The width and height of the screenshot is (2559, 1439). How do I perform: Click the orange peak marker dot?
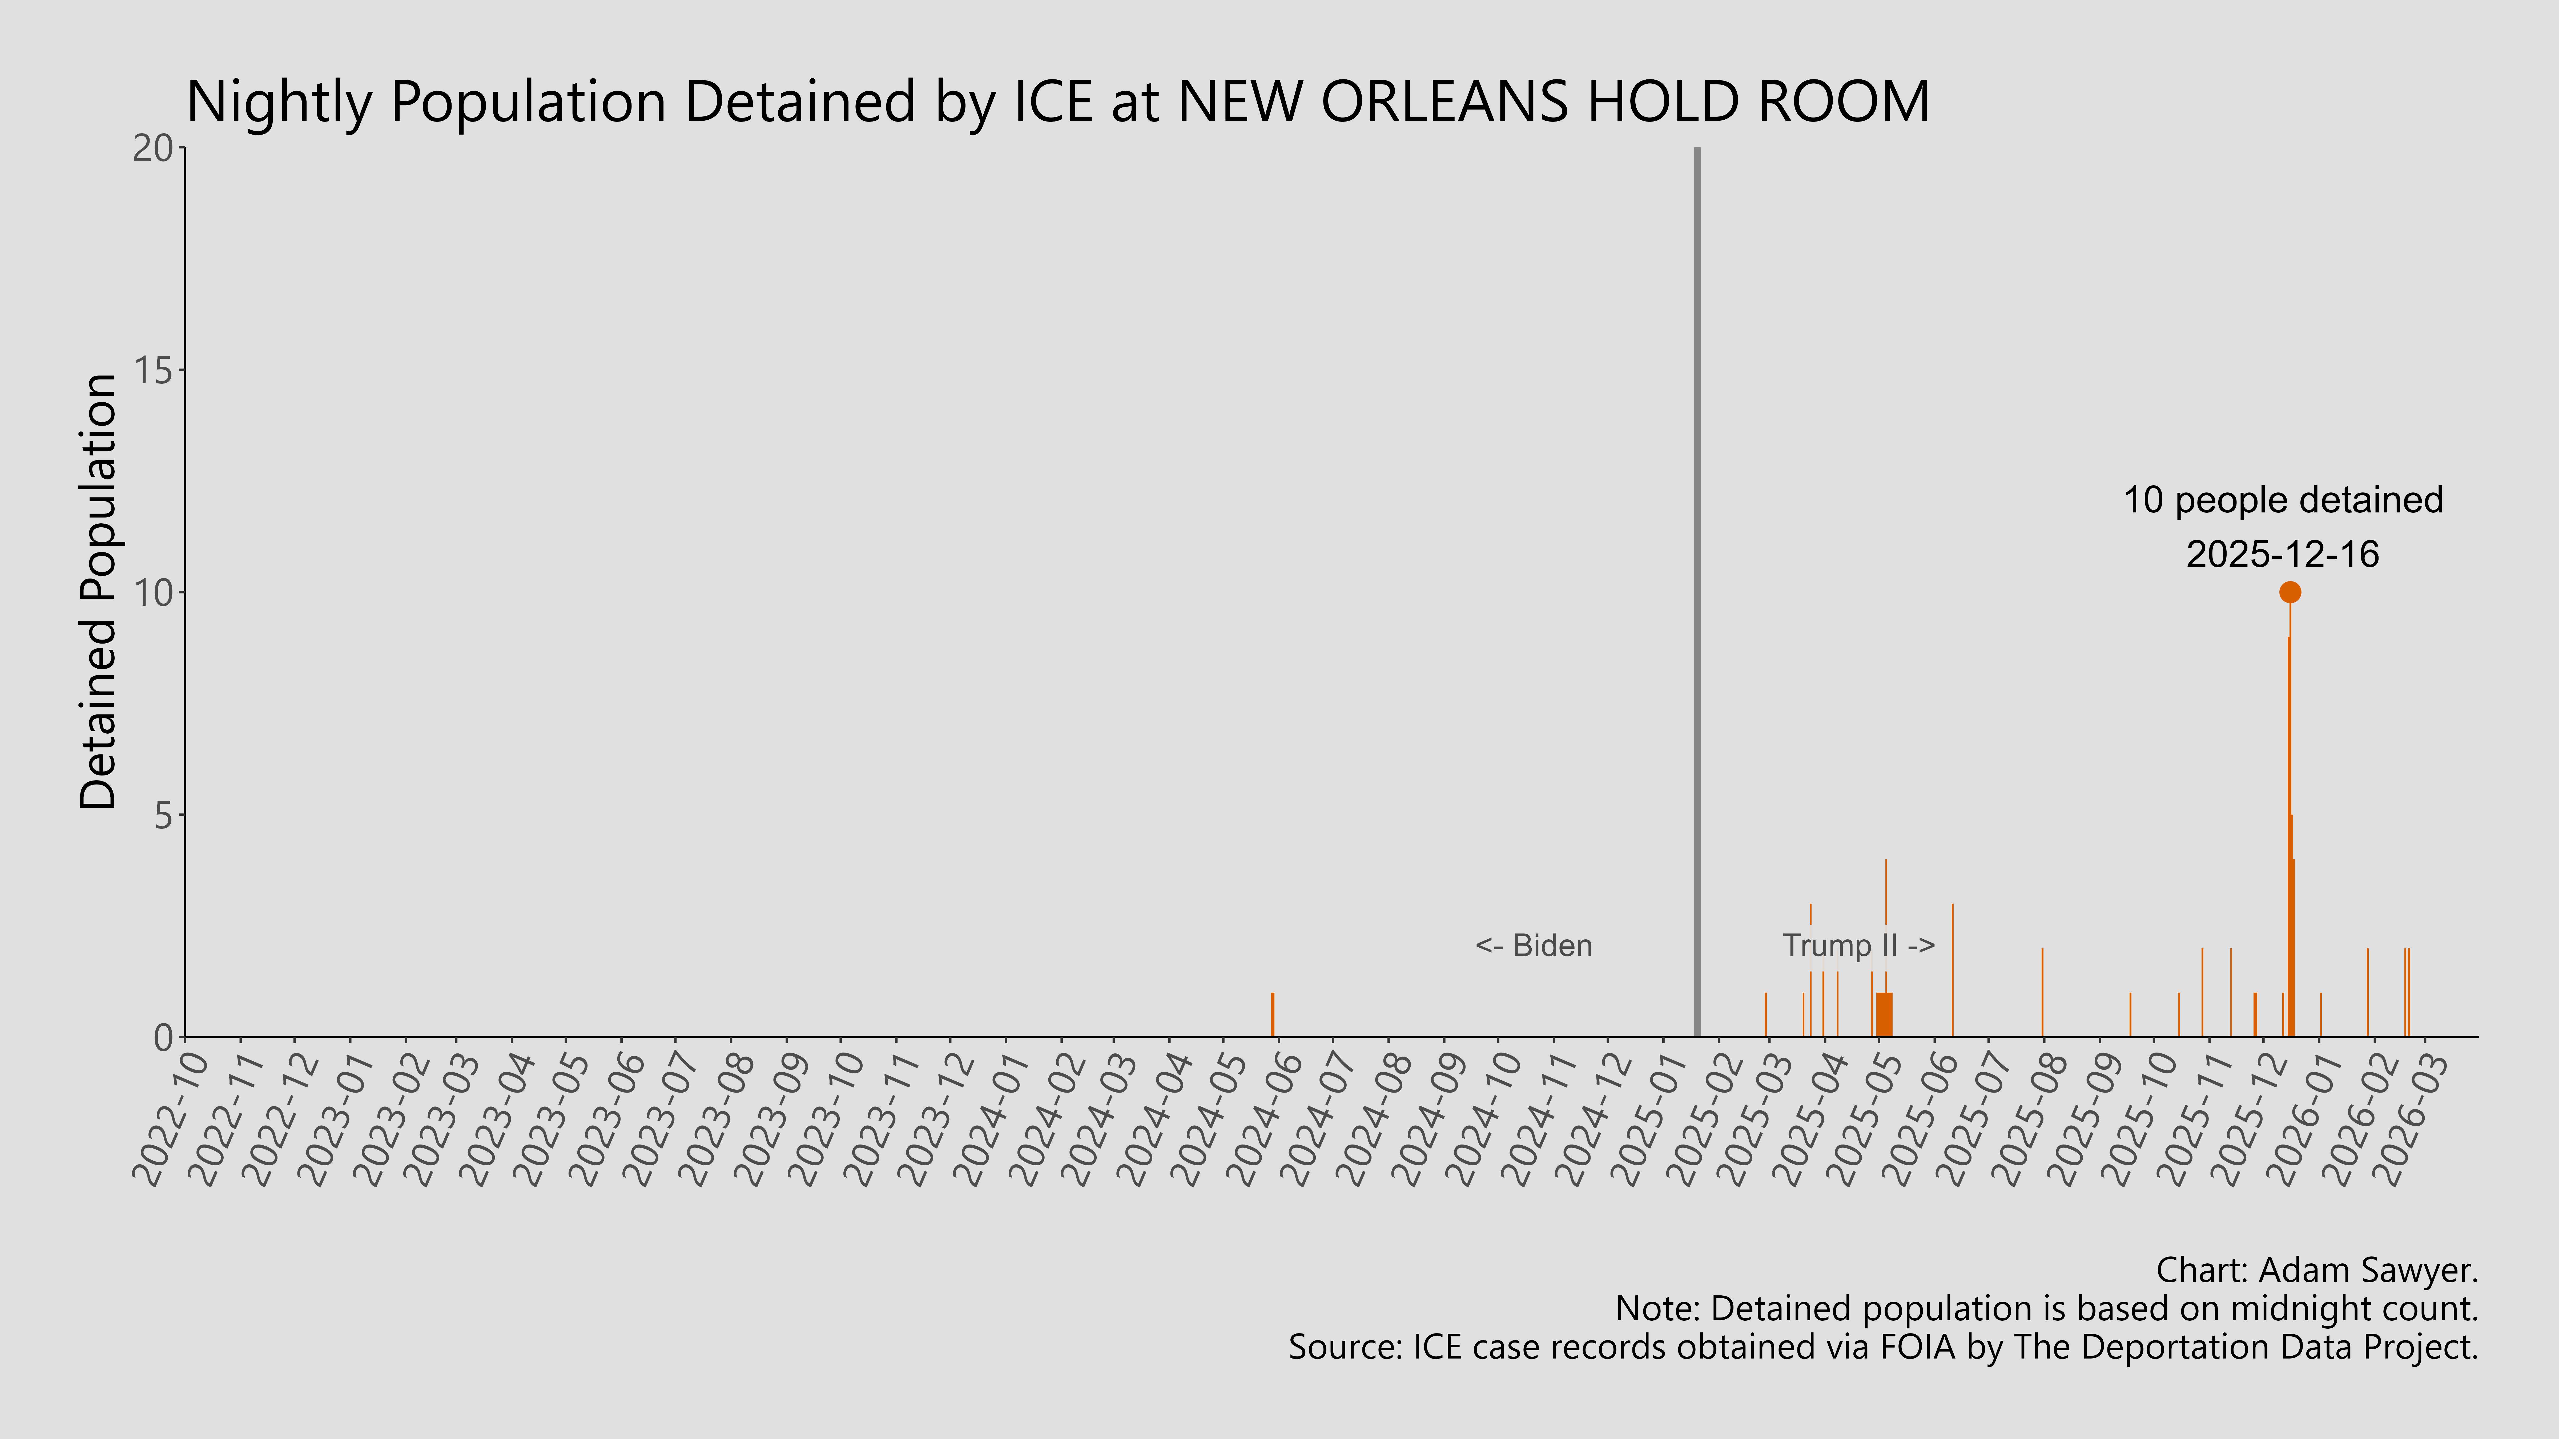pos(2290,592)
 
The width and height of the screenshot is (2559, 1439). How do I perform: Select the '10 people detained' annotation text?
pos(2283,500)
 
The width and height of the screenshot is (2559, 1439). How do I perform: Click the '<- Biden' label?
pos(1534,945)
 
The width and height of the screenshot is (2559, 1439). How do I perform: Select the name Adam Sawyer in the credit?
pos(2367,1270)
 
